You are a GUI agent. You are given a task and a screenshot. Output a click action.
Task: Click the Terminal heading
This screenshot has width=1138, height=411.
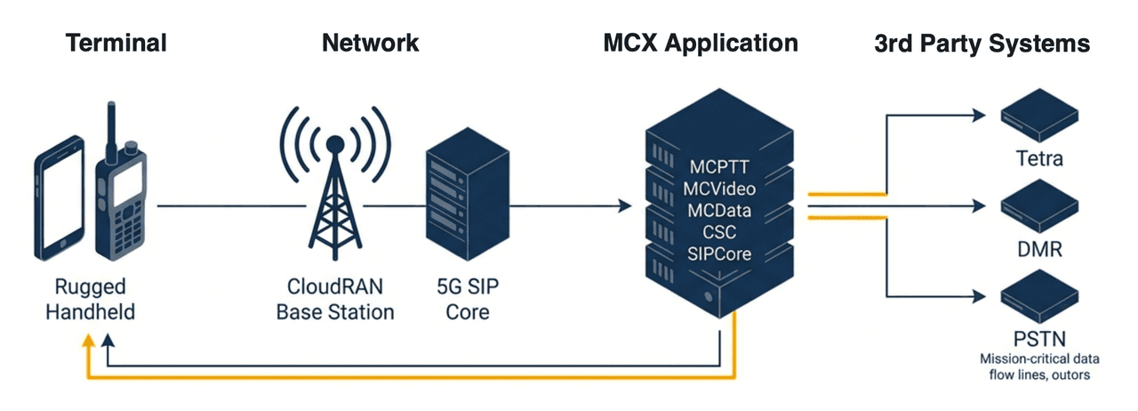pyautogui.click(x=116, y=42)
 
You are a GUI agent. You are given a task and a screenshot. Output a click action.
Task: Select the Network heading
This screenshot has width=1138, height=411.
pyautogui.click(x=370, y=42)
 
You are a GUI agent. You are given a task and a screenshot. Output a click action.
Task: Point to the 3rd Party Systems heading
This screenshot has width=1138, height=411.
pyautogui.click(x=982, y=42)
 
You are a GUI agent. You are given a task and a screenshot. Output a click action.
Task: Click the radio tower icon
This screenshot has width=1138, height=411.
pyautogui.click(x=335, y=191)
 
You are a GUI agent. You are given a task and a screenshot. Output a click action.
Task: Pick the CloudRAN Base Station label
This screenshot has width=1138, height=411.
pyautogui.click(x=335, y=300)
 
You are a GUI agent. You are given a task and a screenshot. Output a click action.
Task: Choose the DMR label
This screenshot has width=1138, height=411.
pyautogui.click(x=1039, y=250)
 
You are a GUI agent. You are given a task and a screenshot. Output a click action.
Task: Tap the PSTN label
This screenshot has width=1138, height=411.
pyautogui.click(x=1039, y=339)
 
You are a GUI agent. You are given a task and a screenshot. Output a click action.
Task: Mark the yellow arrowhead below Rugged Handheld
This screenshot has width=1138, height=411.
pyautogui.click(x=86, y=342)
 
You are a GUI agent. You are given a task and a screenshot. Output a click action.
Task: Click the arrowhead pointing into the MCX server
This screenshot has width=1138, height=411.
pyautogui.click(x=626, y=206)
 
